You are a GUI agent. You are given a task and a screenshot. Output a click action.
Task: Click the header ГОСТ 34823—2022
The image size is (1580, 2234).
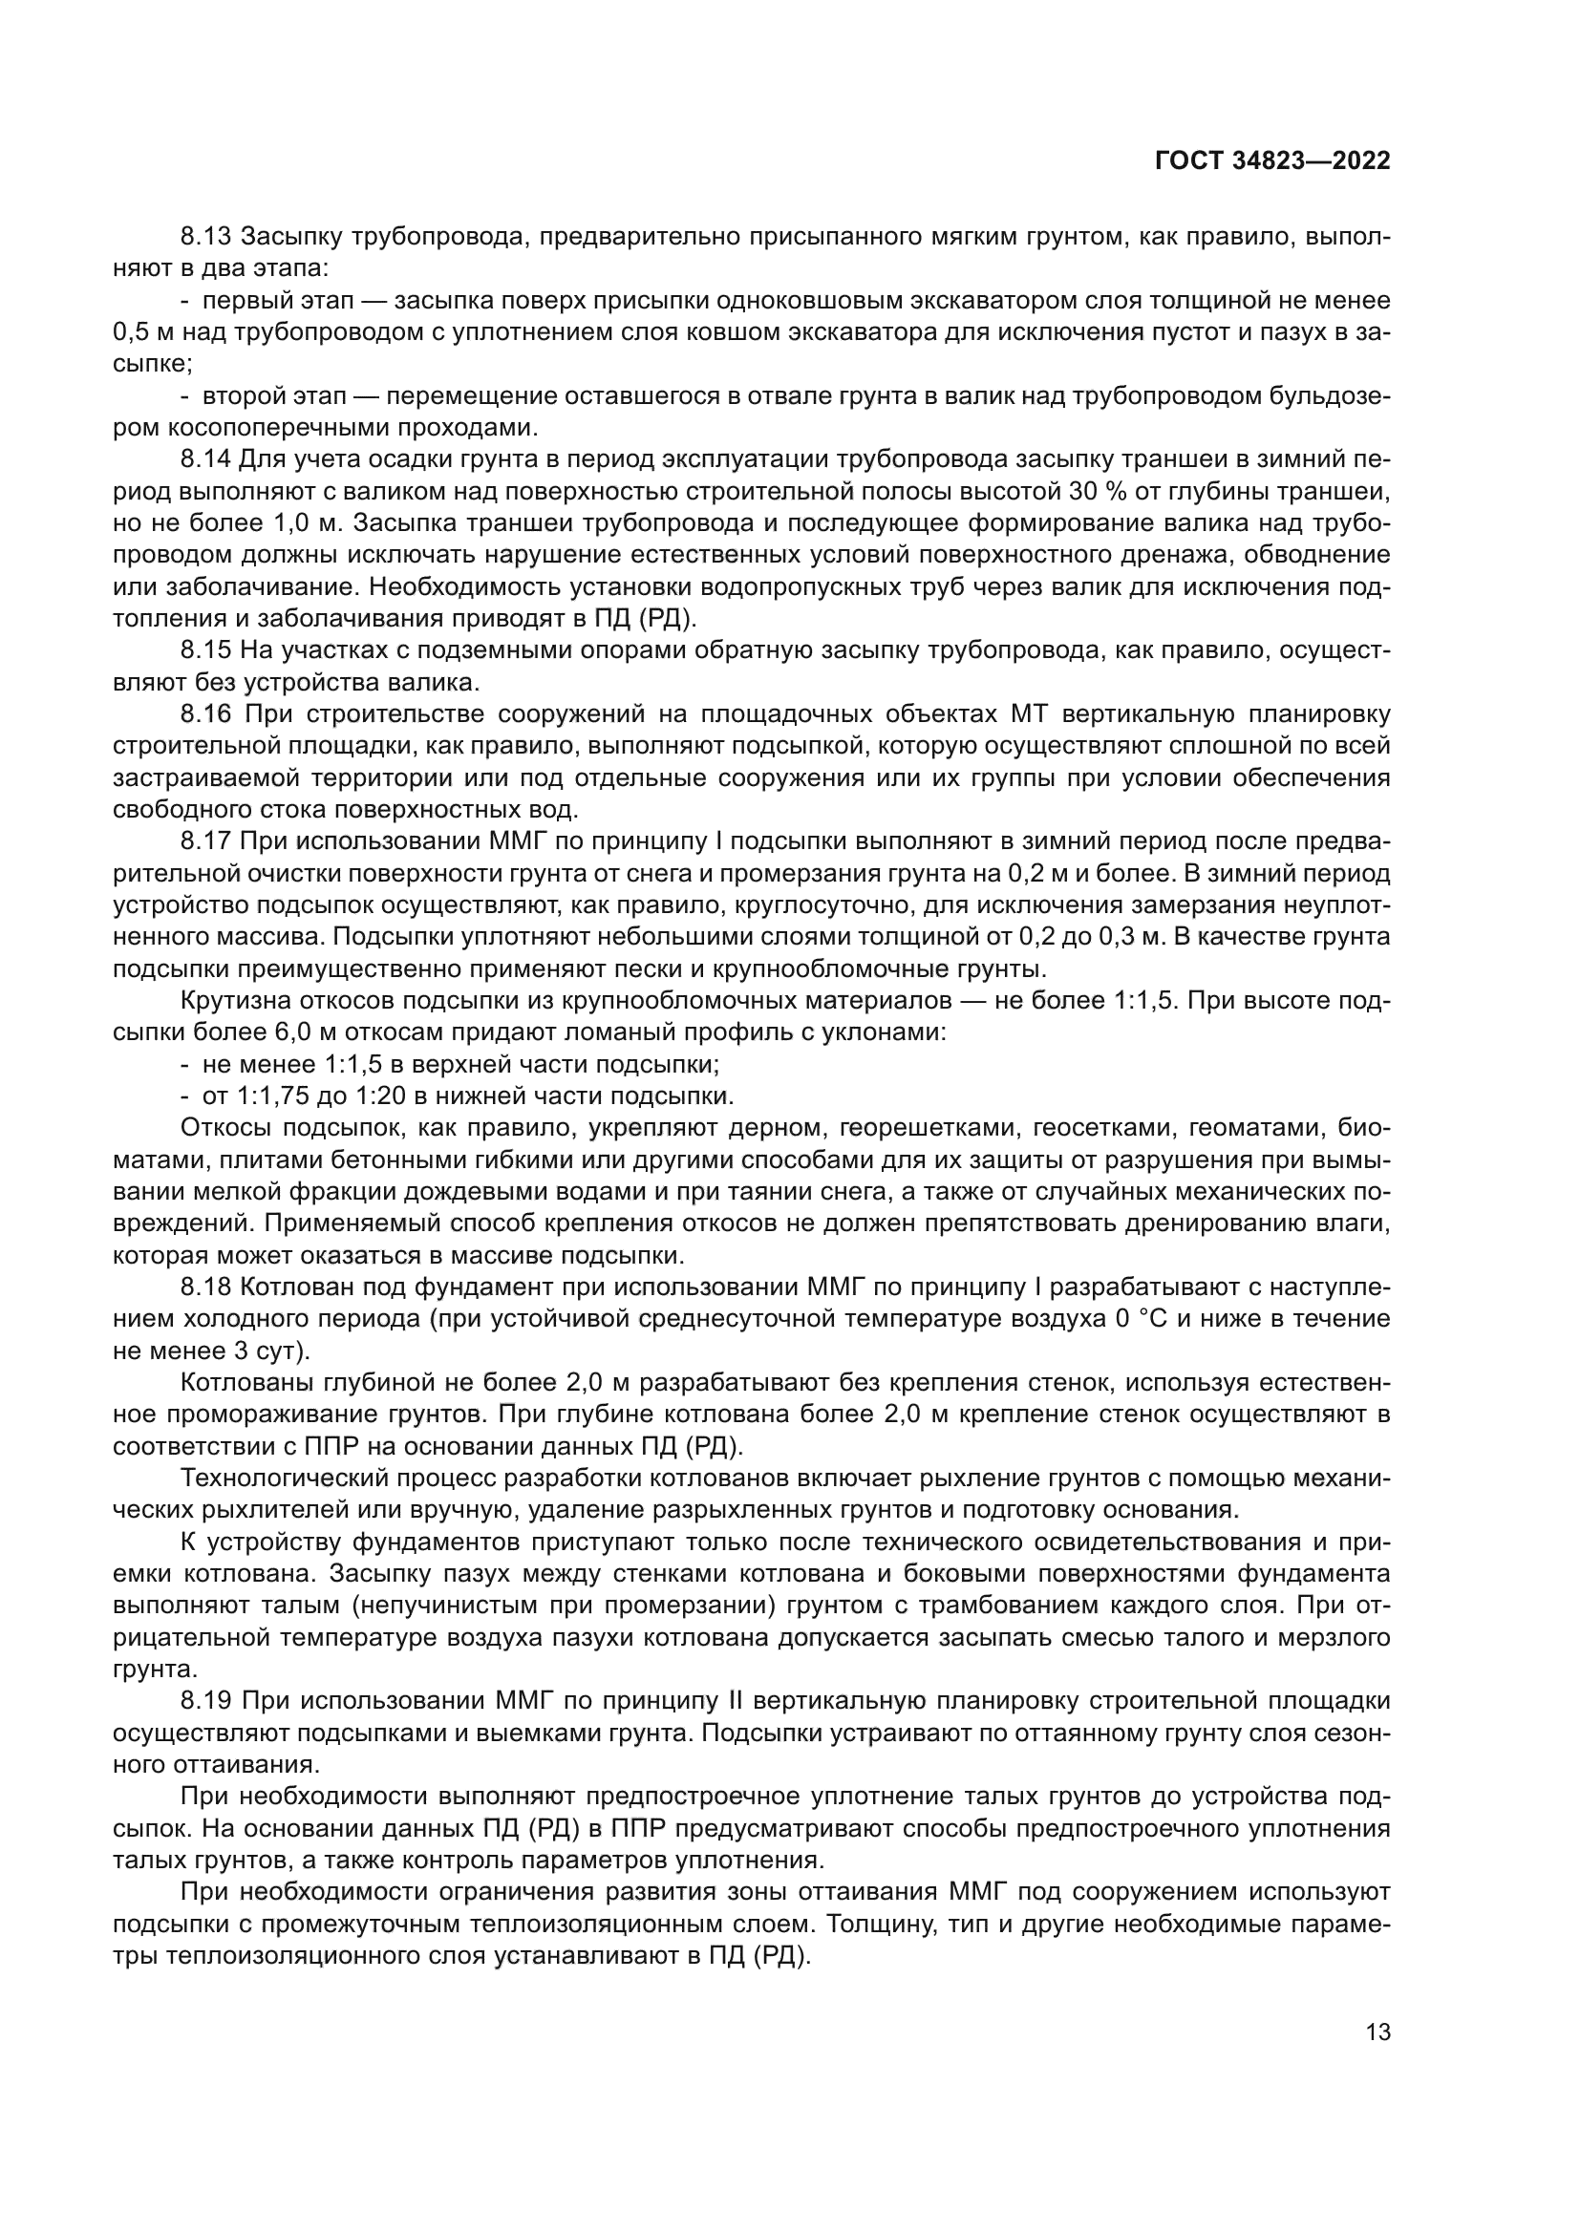(1271, 161)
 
